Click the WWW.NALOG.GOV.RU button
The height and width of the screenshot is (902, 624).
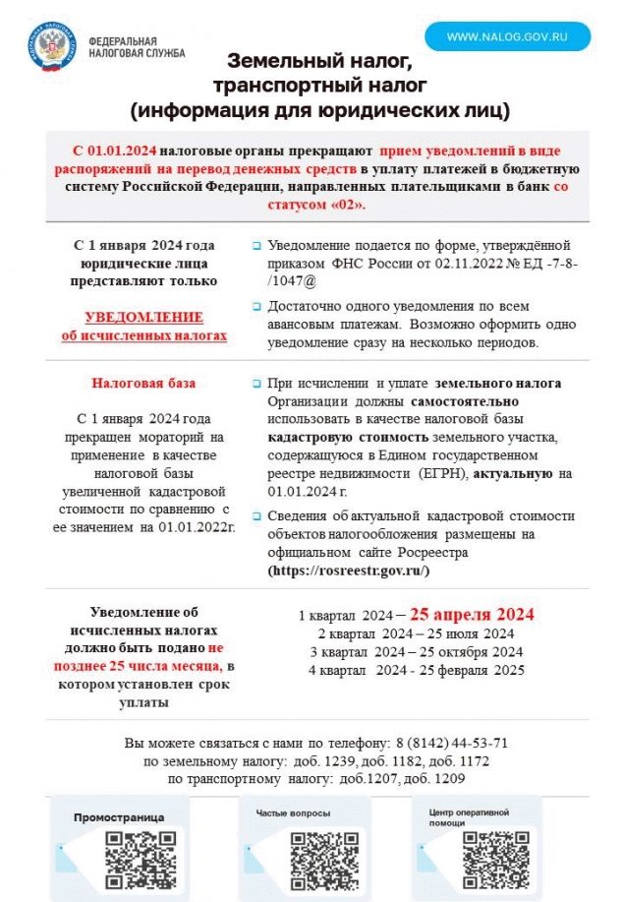click(x=507, y=36)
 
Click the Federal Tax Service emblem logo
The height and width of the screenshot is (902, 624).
click(x=55, y=46)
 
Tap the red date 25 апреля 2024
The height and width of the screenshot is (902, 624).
click(x=472, y=615)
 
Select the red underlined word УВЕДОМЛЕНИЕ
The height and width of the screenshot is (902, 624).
click(x=143, y=318)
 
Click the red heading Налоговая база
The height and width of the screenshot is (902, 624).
click(x=143, y=383)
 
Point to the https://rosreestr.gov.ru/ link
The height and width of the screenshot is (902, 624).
click(x=349, y=571)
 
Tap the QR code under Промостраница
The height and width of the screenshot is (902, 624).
click(x=141, y=852)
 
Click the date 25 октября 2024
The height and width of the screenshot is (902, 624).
click(x=475, y=652)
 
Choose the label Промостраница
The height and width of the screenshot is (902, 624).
click(x=119, y=817)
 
